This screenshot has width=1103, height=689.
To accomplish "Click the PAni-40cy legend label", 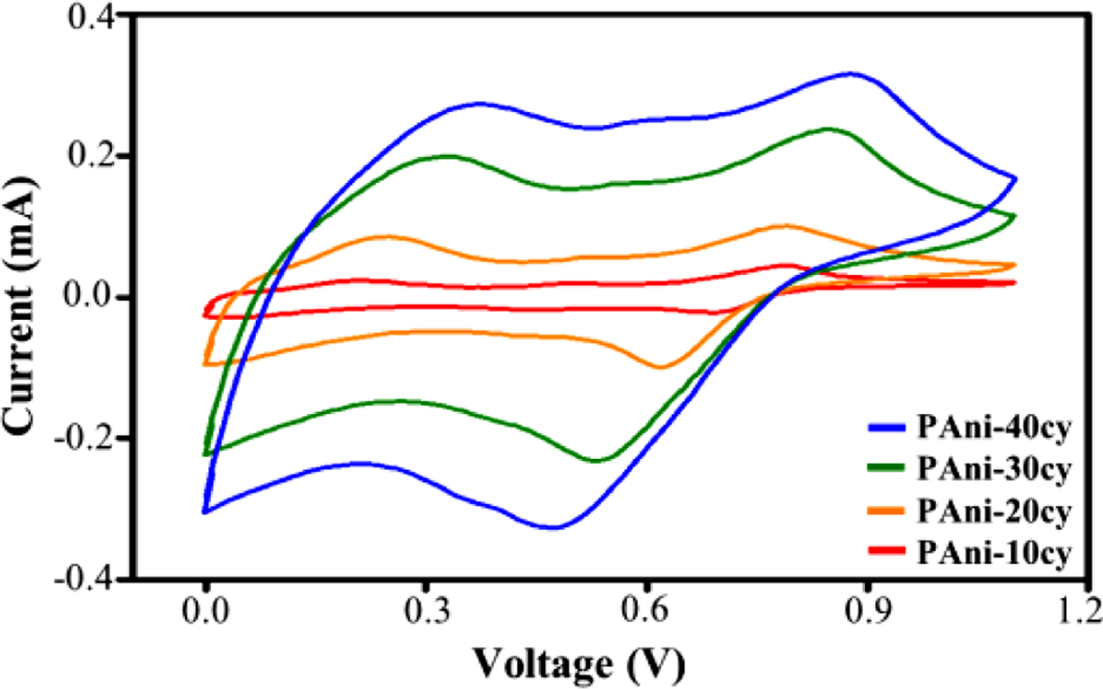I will [x=993, y=428].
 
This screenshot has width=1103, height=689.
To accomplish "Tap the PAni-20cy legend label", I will [x=993, y=513].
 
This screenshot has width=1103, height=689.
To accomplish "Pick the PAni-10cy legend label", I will [x=993, y=555].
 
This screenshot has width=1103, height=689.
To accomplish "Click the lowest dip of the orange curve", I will [x=661, y=367].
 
